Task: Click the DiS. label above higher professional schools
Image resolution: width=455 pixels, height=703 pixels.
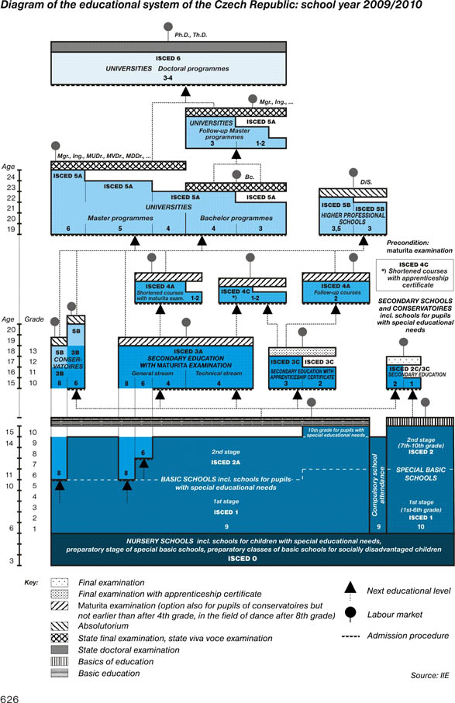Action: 367,181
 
